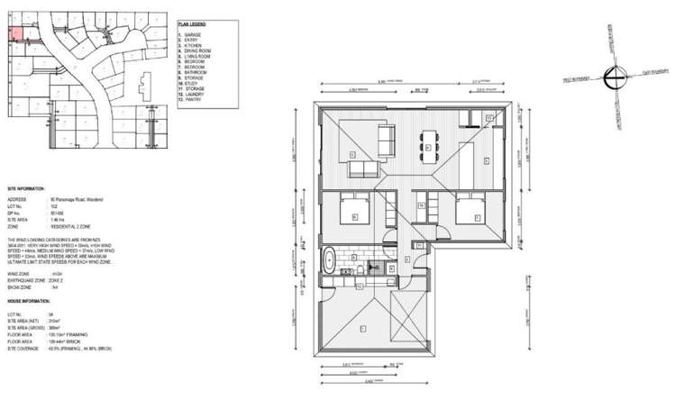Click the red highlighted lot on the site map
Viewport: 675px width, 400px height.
click(x=15, y=34)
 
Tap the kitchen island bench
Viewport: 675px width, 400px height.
click(x=468, y=153)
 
